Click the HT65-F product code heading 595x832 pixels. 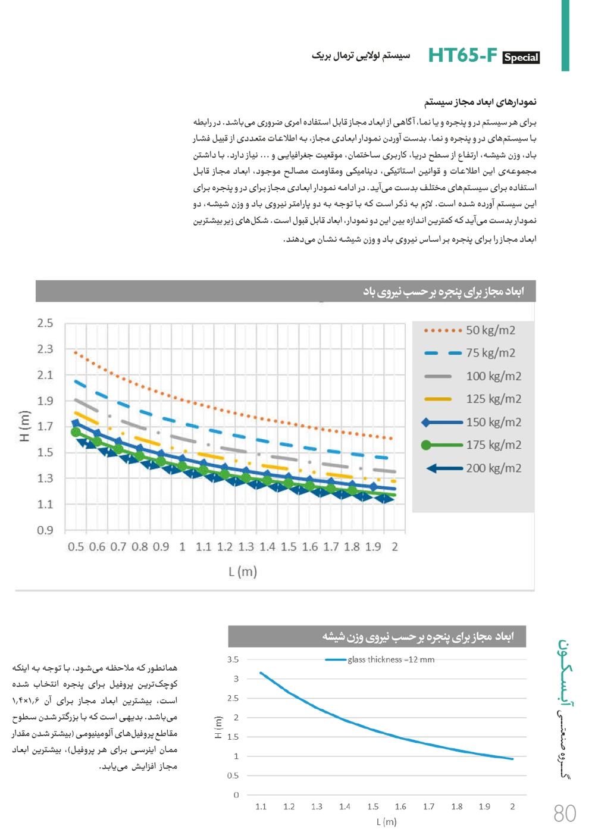click(x=462, y=55)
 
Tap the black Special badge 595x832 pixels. click(x=521, y=58)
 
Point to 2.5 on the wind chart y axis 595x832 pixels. click(x=45, y=323)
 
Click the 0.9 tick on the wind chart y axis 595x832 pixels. click(x=45, y=530)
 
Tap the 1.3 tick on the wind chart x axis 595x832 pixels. click(x=246, y=547)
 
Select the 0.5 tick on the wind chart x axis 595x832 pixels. click(x=76, y=547)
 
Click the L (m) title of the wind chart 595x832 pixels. click(x=243, y=572)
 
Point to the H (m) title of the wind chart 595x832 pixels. click(x=24, y=426)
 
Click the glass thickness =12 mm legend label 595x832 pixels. click(x=391, y=659)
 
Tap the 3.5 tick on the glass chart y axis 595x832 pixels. click(x=233, y=659)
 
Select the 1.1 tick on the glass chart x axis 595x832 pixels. click(x=261, y=807)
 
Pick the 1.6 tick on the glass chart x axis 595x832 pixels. click(x=400, y=807)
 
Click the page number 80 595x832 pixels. click(x=565, y=814)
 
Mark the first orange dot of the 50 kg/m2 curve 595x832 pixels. click(x=76, y=352)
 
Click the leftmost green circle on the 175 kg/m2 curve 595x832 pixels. click(x=76, y=432)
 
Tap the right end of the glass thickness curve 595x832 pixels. click(x=512, y=759)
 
